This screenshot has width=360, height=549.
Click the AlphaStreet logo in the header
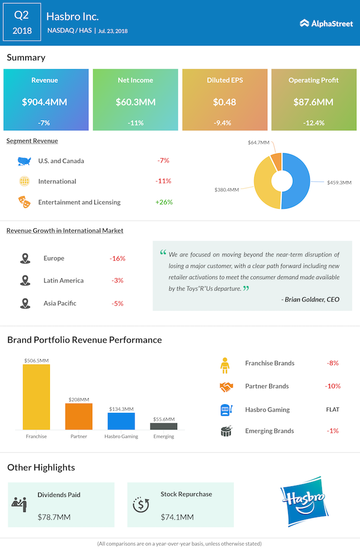326,23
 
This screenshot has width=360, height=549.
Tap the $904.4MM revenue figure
45,102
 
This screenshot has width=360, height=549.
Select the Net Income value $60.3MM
135,102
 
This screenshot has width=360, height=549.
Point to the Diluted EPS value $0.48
225,102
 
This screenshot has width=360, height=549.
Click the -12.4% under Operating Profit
313,123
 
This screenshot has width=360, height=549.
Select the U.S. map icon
24,161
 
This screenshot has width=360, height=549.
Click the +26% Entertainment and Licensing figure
164,202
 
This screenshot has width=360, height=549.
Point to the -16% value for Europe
117,258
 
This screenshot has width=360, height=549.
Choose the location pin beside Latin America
24,280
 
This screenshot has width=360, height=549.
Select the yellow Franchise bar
36,397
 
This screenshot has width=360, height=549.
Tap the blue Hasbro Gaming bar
121,421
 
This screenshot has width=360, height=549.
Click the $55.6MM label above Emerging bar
164,419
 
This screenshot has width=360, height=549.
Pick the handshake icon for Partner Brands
226,387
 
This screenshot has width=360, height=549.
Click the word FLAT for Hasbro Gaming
332,410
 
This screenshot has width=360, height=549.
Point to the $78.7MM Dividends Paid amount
54,517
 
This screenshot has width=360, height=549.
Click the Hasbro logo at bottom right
304,502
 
